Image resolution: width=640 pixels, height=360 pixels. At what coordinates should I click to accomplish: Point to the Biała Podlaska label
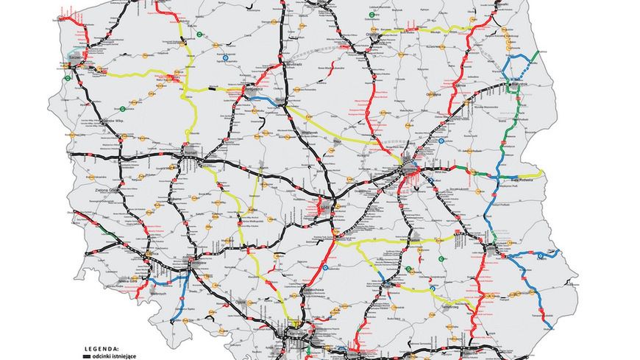(524, 178)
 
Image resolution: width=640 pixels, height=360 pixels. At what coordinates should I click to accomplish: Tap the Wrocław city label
(199, 261)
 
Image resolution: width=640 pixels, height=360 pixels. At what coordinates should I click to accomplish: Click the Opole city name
(241, 301)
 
